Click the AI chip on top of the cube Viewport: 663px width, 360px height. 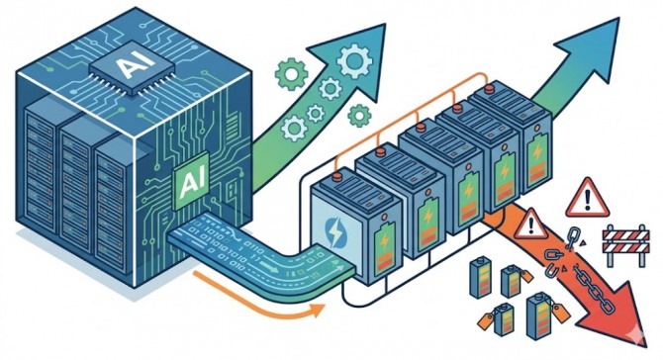132,66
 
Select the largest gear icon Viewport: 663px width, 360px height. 355,61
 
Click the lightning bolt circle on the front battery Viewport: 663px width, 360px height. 337,230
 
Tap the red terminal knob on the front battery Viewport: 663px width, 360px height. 337,176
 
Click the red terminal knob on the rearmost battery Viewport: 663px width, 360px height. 489,89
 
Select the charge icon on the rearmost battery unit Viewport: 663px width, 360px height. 537,155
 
